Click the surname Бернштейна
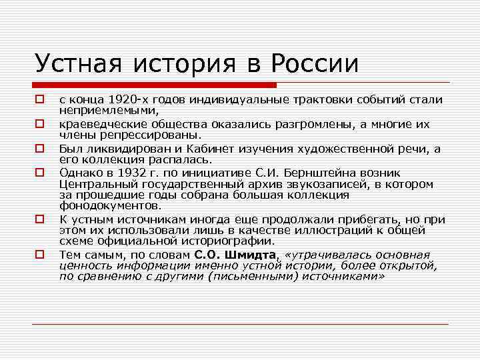pyautogui.click(x=294, y=172)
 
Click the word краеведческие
pyautogui.click(x=99, y=124)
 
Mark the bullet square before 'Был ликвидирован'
pyautogui.click(x=40, y=148)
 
